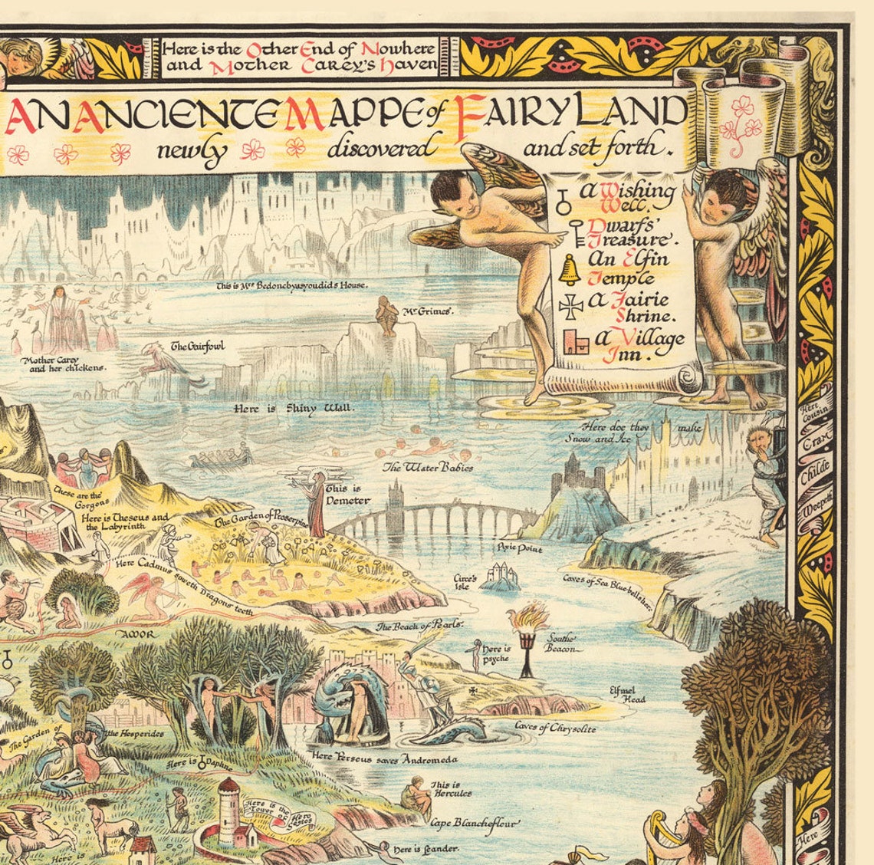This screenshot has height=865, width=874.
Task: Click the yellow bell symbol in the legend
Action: [x=570, y=268]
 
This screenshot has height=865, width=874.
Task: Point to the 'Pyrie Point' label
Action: [x=519, y=549]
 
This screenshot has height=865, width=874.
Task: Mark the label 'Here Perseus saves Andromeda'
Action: [x=385, y=759]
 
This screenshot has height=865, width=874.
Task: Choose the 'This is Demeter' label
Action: [x=347, y=495]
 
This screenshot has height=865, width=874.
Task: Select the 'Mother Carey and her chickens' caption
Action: [x=63, y=363]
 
